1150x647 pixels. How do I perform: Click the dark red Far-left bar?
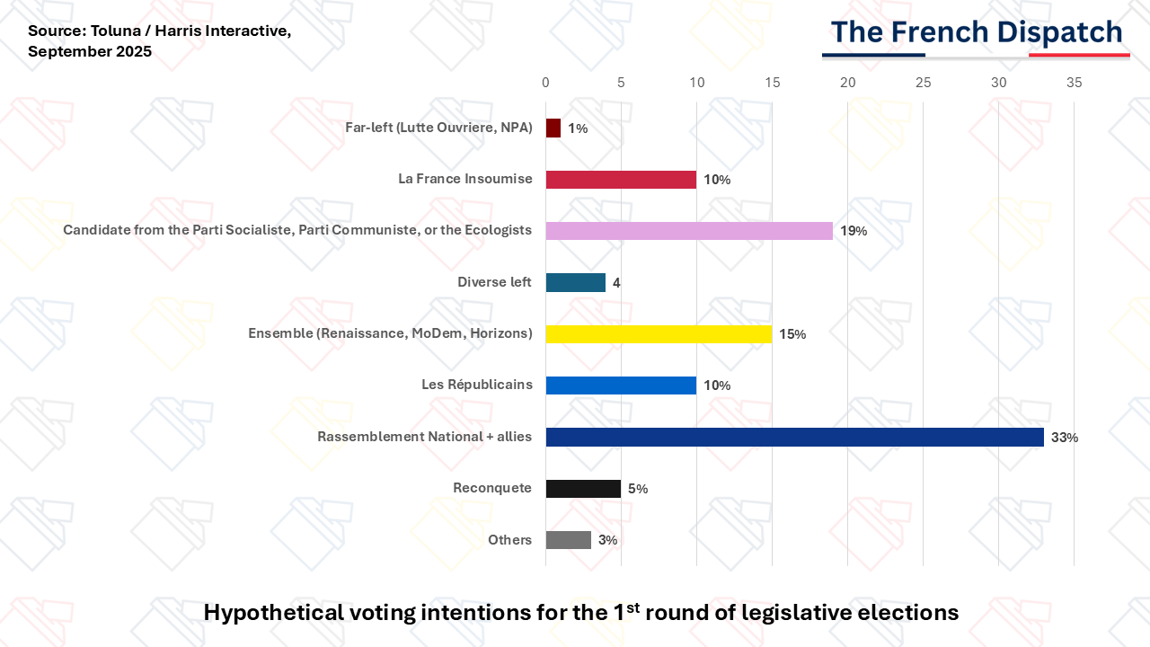click(x=553, y=128)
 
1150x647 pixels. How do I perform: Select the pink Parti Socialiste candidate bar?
click(x=689, y=231)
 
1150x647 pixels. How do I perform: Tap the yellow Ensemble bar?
click(x=659, y=333)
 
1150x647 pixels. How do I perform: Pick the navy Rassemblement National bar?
click(x=795, y=437)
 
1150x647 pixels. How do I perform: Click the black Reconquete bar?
click(x=583, y=488)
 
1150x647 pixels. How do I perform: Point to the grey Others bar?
click(x=569, y=540)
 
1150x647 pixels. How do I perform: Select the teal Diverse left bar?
click(x=576, y=282)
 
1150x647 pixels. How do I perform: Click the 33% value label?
click(x=1065, y=438)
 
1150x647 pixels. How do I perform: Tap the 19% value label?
click(x=854, y=231)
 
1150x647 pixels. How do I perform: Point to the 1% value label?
click(x=578, y=129)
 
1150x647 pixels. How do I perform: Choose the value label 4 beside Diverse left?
click(x=616, y=283)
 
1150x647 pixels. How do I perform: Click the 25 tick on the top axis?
click(x=923, y=83)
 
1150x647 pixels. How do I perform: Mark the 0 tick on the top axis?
click(x=545, y=83)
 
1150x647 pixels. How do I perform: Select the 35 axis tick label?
click(x=1074, y=83)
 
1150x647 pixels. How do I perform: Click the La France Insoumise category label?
click(x=465, y=179)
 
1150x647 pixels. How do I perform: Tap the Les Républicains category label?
click(x=477, y=384)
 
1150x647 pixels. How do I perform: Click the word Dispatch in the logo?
click(x=1059, y=33)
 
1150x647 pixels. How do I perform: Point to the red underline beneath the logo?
click(x=1079, y=55)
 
